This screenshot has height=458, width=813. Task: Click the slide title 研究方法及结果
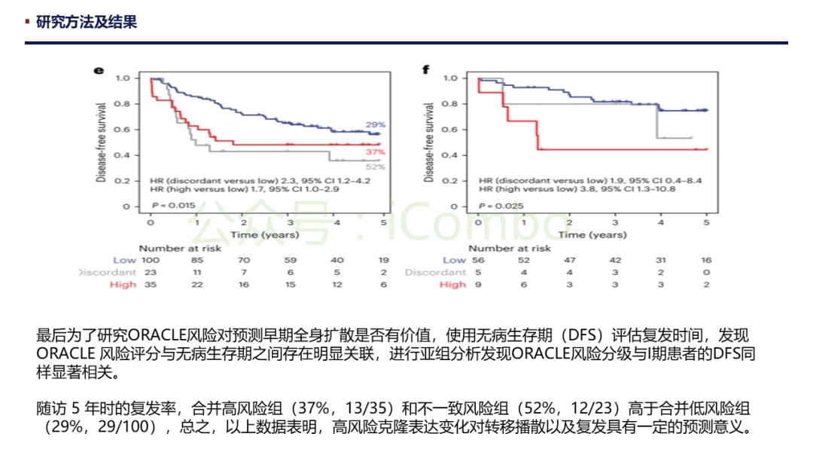coord(87,22)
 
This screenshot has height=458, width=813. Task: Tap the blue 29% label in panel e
coord(376,125)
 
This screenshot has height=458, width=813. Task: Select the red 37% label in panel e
coord(376,153)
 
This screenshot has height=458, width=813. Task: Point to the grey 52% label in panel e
coord(376,166)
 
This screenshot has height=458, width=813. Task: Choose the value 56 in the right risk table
coord(479,260)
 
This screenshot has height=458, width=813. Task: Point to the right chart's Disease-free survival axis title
coord(430,142)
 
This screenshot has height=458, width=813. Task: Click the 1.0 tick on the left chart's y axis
coord(123,78)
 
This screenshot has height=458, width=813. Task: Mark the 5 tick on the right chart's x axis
coord(706,223)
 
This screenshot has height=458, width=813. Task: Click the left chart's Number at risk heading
coord(180,248)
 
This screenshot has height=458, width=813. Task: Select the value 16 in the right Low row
coord(705,260)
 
